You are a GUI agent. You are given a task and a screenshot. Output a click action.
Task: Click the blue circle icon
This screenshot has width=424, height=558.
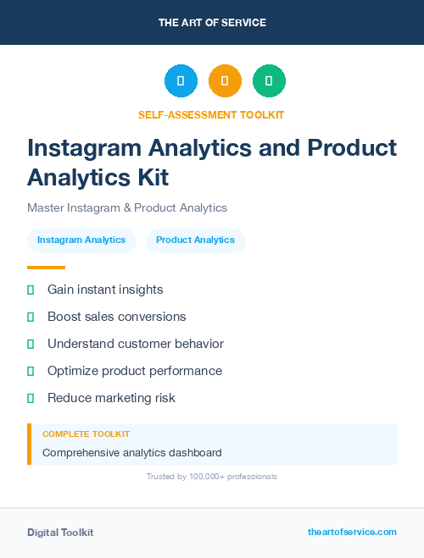point(181,80)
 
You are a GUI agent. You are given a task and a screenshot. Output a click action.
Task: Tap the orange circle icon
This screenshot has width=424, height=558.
point(225,80)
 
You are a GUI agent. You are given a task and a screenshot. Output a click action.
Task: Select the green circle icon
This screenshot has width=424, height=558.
point(269,80)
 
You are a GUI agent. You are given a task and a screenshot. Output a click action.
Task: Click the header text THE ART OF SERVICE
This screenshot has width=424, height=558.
point(212,23)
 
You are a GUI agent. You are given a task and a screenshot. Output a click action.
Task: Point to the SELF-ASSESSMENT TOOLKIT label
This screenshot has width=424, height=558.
point(211,114)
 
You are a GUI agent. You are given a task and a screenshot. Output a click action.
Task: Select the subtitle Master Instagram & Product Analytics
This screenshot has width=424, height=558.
point(127,207)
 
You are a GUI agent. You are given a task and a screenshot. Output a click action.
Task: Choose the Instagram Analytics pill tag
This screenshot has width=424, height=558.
point(81,240)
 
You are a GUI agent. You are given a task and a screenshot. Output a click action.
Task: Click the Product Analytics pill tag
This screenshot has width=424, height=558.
point(195,240)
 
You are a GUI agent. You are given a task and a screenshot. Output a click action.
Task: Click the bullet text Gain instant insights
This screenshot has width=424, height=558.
point(105,290)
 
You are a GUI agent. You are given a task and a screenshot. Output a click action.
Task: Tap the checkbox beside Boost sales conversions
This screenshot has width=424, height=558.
point(31,317)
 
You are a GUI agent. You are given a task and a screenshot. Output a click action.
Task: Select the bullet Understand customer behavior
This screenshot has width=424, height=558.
point(135,344)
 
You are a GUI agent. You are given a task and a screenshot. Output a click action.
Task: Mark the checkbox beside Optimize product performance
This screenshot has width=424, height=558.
point(31,371)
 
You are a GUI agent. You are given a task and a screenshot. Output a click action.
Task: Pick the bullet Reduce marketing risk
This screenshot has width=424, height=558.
point(111,398)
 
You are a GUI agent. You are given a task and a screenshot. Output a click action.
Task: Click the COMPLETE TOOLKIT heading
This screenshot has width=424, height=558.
point(86,434)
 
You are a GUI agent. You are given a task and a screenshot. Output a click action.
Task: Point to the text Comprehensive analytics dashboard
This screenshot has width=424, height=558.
point(131,452)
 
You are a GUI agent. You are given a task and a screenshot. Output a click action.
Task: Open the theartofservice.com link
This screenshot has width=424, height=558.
point(352,532)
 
